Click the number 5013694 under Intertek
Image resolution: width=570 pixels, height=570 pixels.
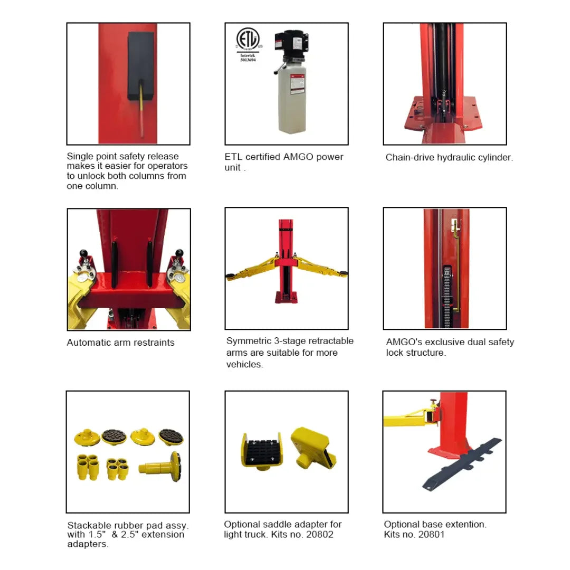[248, 60]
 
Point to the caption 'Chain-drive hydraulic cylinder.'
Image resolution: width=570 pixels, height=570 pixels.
[449, 157]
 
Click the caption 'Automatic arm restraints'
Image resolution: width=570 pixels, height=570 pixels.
[120, 343]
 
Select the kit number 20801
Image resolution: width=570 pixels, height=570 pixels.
[432, 535]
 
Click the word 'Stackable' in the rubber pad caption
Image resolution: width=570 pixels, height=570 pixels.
[90, 526]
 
